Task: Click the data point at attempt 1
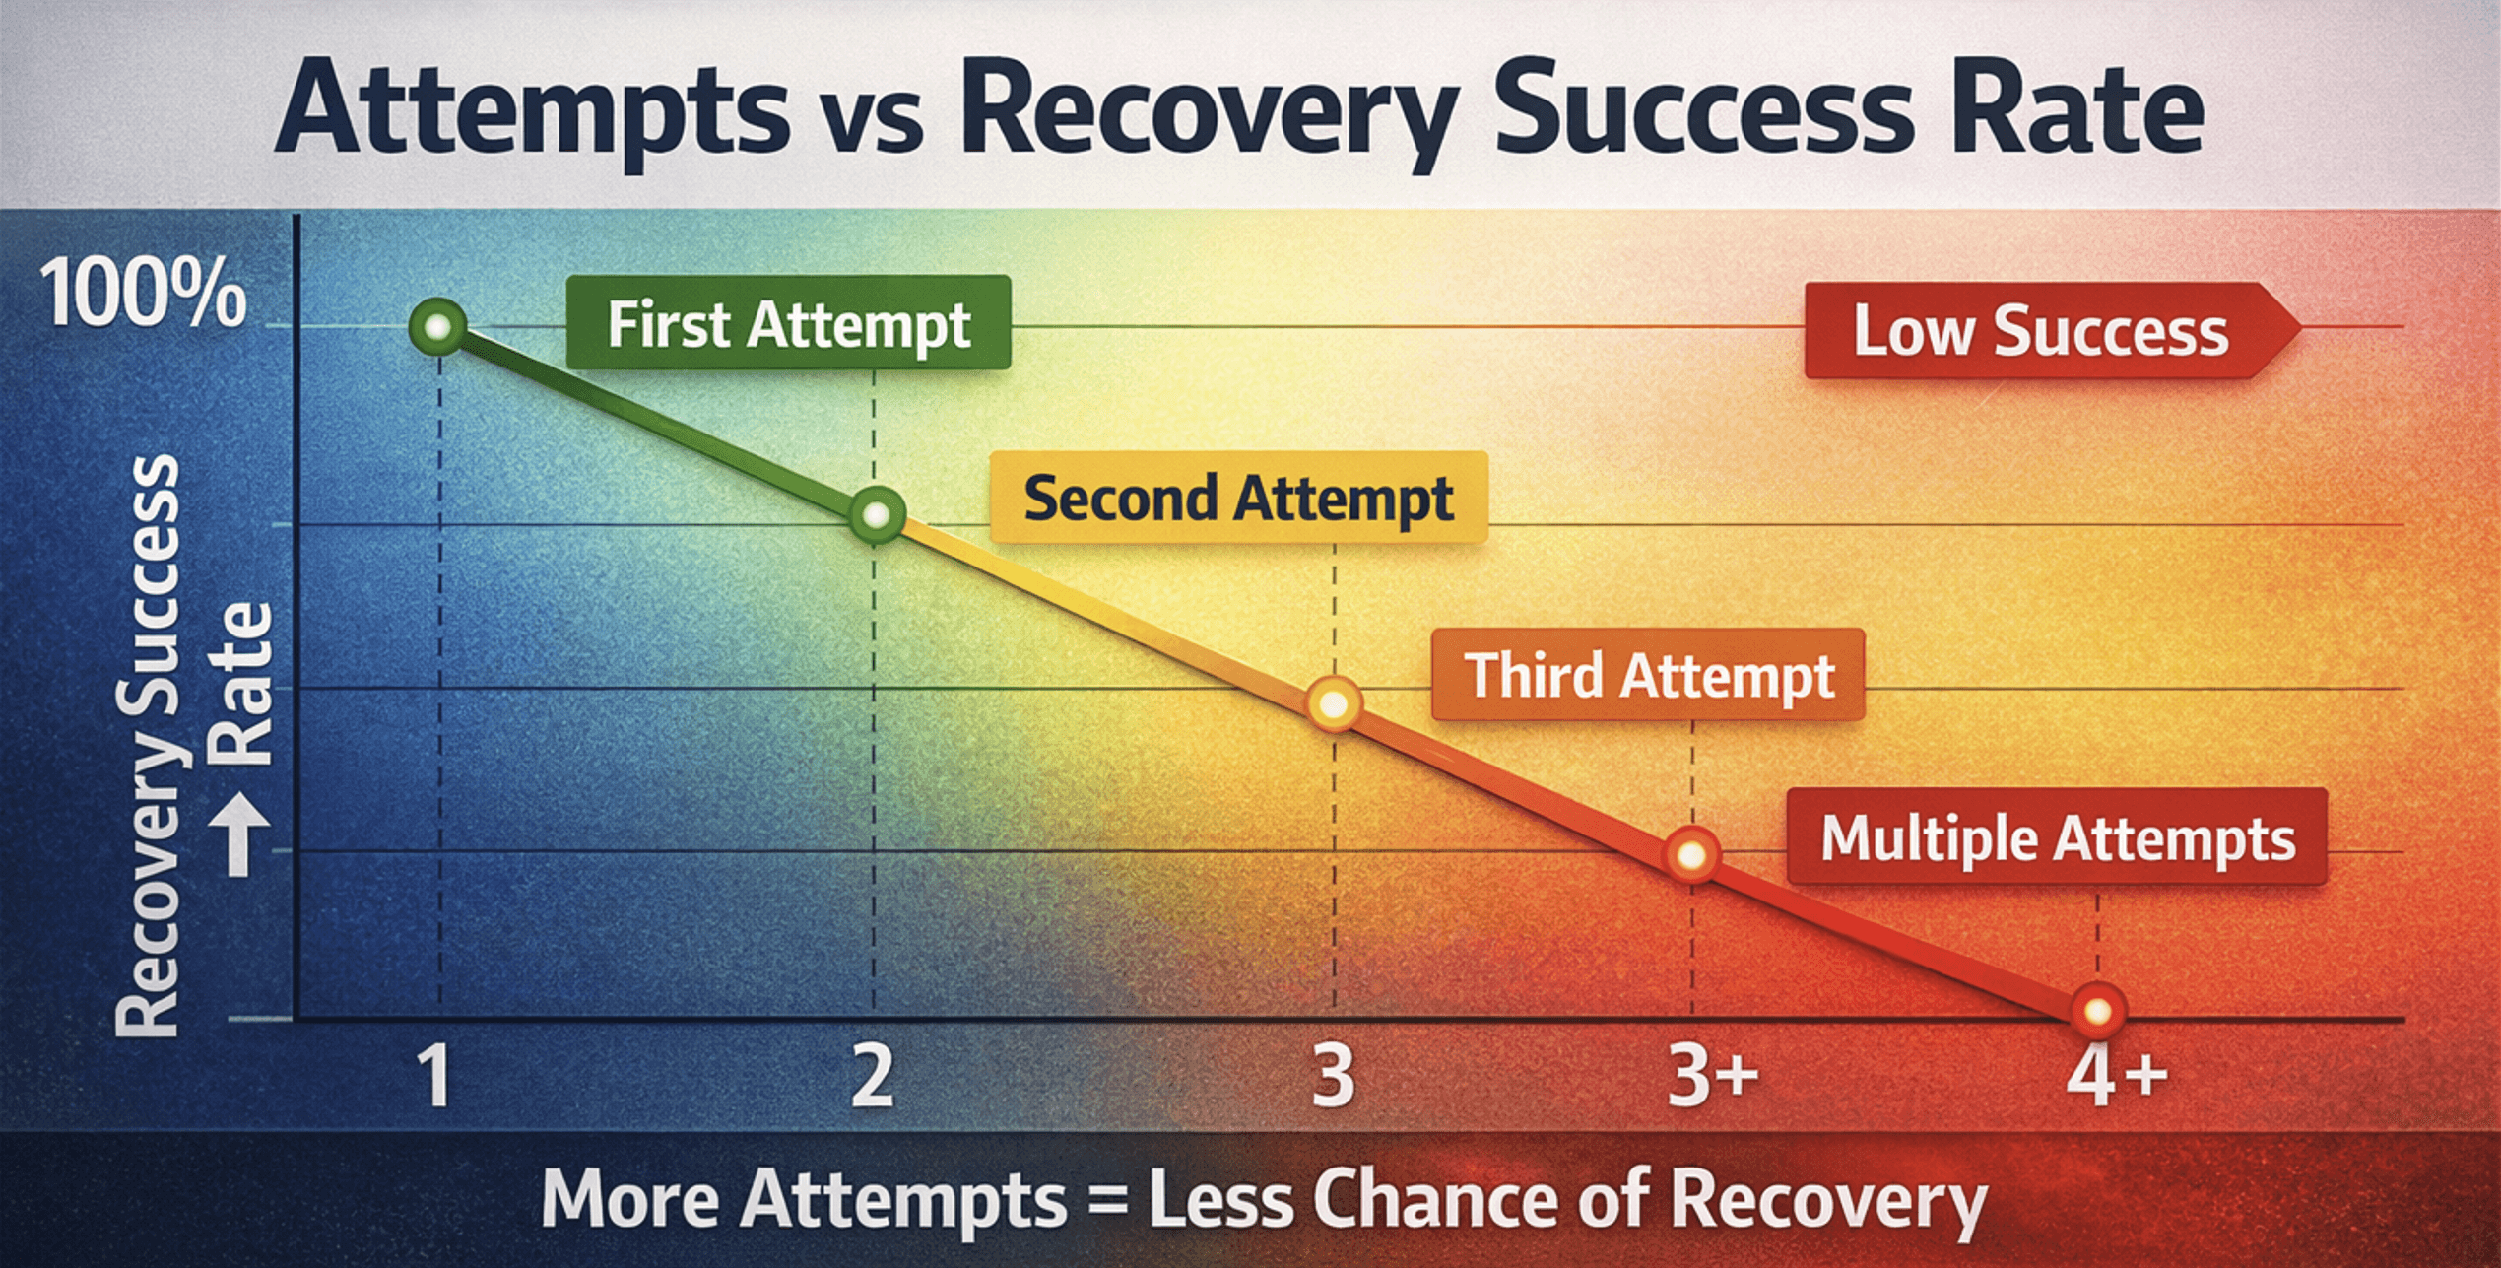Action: click(x=437, y=326)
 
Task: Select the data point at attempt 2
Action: click(x=876, y=514)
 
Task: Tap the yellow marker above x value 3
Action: click(x=1334, y=704)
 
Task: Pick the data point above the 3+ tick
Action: click(x=1691, y=854)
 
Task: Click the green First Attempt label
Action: click(x=788, y=324)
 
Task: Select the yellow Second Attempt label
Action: click(x=1238, y=498)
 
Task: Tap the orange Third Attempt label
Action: click(x=1648, y=676)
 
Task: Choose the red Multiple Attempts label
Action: click(x=2057, y=838)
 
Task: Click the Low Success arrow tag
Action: click(x=2044, y=331)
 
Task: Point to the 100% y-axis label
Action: click(x=143, y=294)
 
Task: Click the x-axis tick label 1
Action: click(x=433, y=1076)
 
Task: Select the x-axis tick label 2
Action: click(x=873, y=1076)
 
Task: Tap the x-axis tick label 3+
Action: click(x=1712, y=1076)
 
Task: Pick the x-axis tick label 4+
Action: click(x=2116, y=1076)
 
